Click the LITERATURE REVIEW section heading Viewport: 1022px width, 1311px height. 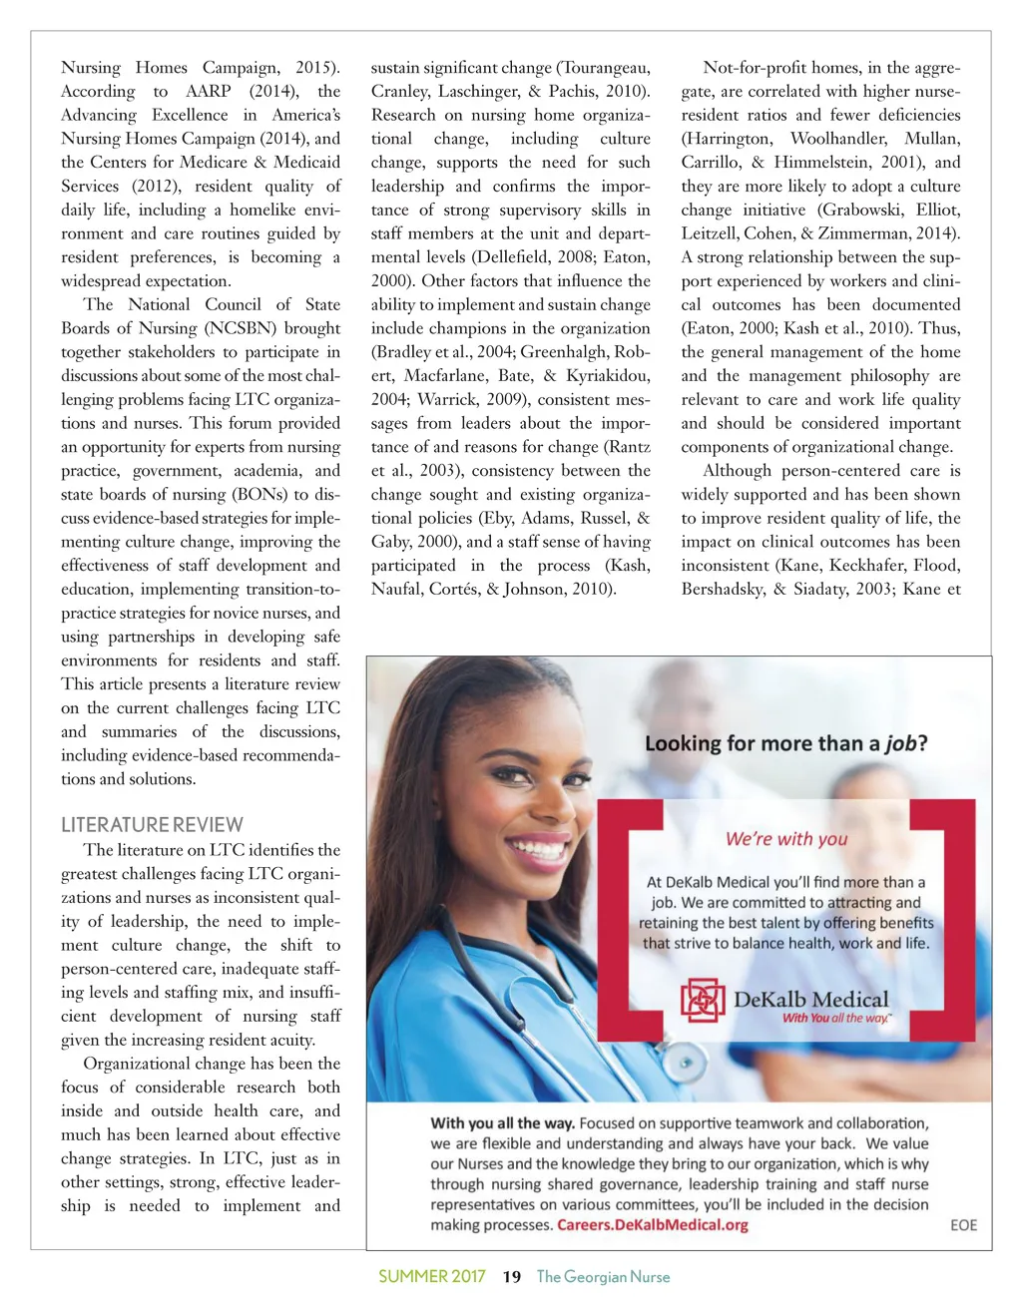point(152,825)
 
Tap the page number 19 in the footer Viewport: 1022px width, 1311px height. point(512,1277)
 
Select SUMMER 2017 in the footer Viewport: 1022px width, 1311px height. point(432,1277)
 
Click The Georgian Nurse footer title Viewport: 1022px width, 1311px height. point(603,1277)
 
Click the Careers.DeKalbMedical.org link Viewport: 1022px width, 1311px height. point(653,1225)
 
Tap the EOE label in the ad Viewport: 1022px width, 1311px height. point(963,1225)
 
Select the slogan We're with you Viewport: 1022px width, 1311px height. point(786,839)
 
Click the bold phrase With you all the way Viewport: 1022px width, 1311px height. point(502,1123)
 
